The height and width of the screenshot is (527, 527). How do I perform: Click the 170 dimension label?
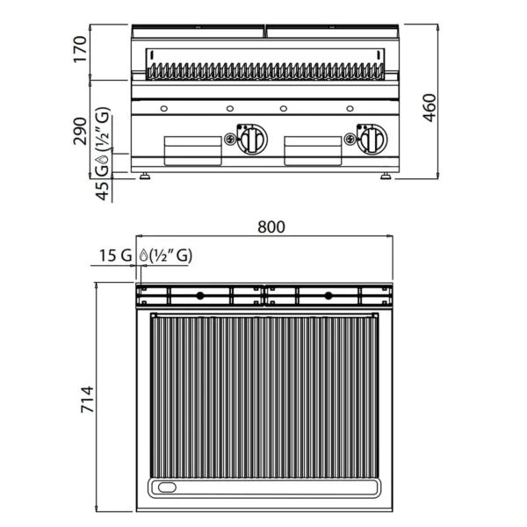point(80,49)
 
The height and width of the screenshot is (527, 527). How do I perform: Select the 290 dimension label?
point(80,131)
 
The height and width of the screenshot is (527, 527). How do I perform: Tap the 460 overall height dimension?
point(430,107)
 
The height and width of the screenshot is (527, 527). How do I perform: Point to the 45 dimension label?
point(103,191)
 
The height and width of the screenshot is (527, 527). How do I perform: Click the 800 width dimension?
point(271,227)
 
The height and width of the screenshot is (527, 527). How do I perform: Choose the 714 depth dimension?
point(87,400)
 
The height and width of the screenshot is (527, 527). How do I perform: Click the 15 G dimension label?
point(115,256)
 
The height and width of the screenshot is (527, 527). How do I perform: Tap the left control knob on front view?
point(252,139)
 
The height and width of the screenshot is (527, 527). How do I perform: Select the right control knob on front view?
point(372,139)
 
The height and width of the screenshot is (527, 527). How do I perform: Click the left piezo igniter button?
point(230,139)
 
